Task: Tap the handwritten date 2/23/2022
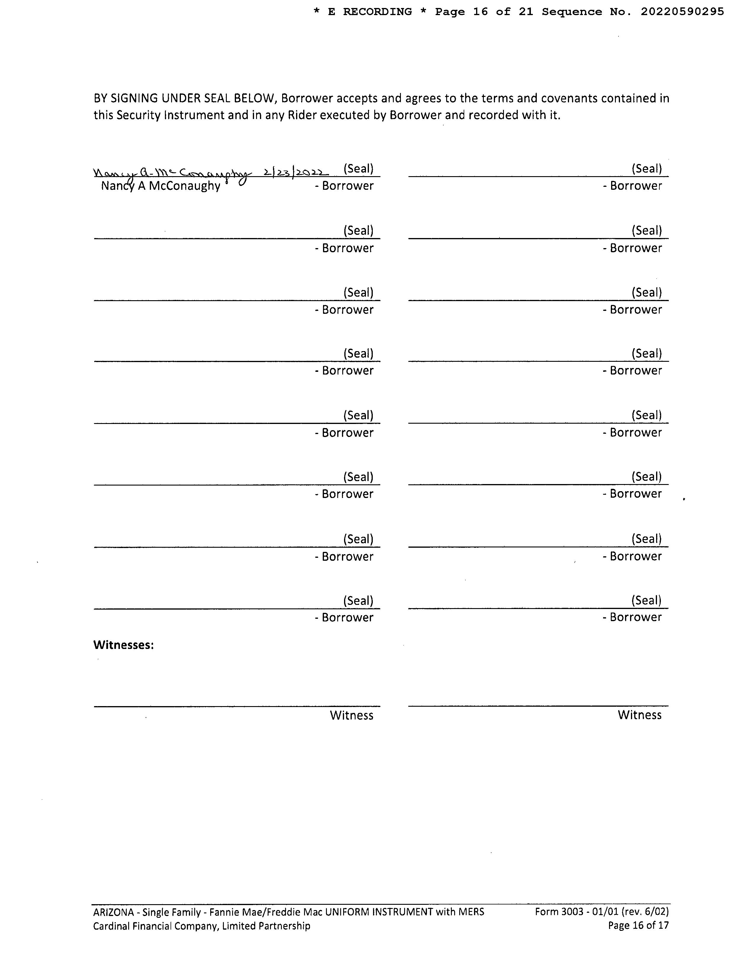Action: click(x=296, y=172)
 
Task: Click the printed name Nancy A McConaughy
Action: click(x=160, y=186)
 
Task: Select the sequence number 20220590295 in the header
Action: click(x=682, y=12)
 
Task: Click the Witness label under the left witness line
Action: click(x=351, y=715)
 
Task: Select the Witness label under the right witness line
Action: click(x=639, y=715)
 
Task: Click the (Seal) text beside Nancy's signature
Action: click(x=358, y=169)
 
